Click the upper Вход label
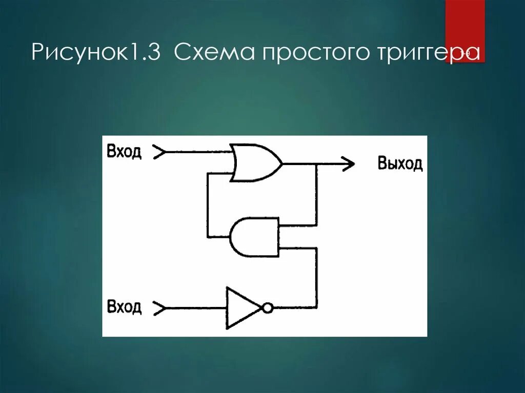click(124, 152)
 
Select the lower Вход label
click(124, 307)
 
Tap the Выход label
click(400, 164)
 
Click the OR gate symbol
click(255, 163)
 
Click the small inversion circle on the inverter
click(267, 308)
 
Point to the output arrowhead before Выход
click(349, 164)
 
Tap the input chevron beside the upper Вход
click(159, 152)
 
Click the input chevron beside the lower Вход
click(159, 308)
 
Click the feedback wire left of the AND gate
click(208, 205)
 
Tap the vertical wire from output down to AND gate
click(316, 195)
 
